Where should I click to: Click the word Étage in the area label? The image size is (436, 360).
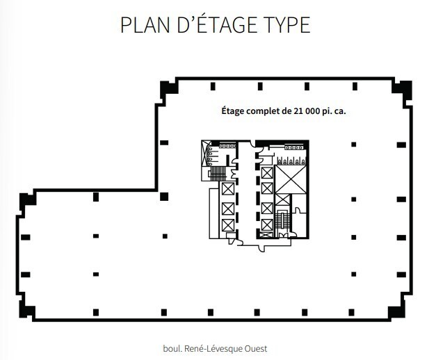coord(234,111)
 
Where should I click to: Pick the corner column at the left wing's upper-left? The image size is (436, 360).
coord(27,199)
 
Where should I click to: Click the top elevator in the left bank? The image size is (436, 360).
coord(227,189)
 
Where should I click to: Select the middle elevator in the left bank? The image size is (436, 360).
coord(227,207)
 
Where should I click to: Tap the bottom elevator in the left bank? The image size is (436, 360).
coord(227,225)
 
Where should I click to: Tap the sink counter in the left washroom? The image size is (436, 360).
coord(226,147)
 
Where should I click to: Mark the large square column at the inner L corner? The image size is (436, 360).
coord(164,196)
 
